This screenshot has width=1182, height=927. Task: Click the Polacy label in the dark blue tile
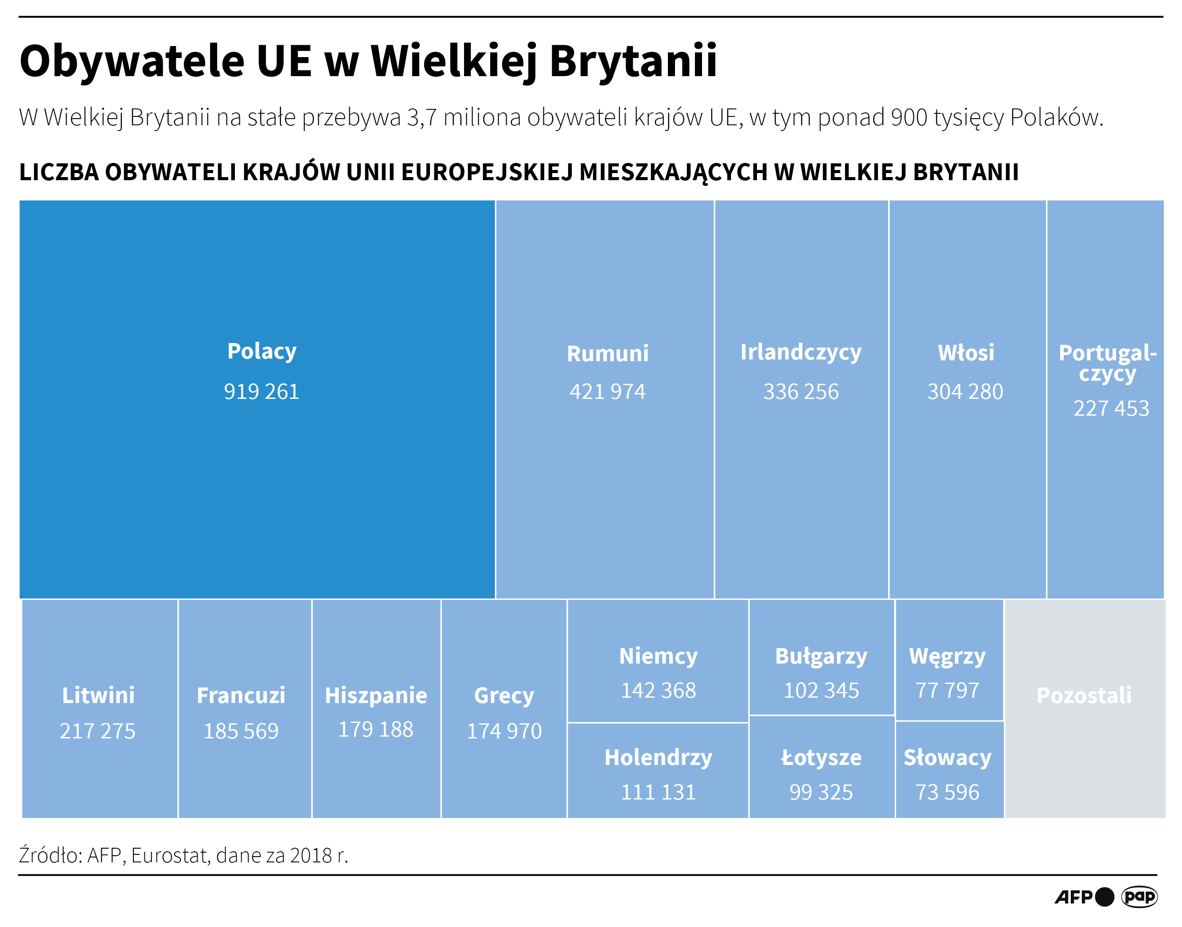click(262, 351)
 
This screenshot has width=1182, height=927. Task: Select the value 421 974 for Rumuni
click(607, 391)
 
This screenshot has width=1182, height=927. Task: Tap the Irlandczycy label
click(801, 352)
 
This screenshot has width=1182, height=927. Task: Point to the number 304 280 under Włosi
click(965, 391)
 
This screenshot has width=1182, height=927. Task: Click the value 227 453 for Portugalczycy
click(1111, 408)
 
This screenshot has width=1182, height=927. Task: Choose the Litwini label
click(98, 695)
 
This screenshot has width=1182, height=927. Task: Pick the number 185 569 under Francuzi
click(241, 731)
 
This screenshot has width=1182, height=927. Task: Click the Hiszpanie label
click(376, 695)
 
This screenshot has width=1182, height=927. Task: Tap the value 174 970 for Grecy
click(504, 731)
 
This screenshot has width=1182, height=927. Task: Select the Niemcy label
click(658, 656)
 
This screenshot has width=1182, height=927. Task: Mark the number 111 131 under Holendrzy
click(658, 792)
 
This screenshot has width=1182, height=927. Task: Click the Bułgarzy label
click(821, 656)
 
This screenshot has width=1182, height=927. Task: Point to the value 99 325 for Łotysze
click(821, 792)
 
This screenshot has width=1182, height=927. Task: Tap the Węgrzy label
click(948, 656)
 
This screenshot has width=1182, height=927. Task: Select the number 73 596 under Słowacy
click(948, 792)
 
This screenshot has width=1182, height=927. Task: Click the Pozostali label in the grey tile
click(1084, 695)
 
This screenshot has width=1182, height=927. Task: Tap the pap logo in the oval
click(1139, 896)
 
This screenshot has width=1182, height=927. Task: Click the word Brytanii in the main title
click(633, 61)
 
